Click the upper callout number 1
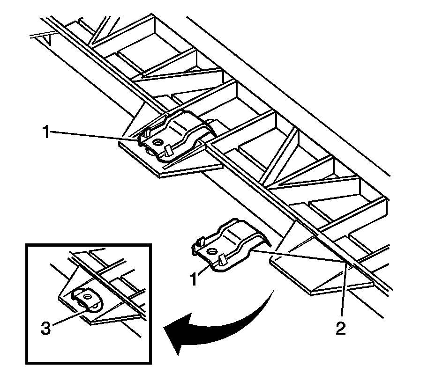point(45,133)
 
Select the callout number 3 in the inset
point(45,328)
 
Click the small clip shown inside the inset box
point(87,300)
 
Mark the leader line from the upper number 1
point(94,136)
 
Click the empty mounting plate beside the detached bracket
point(319,276)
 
